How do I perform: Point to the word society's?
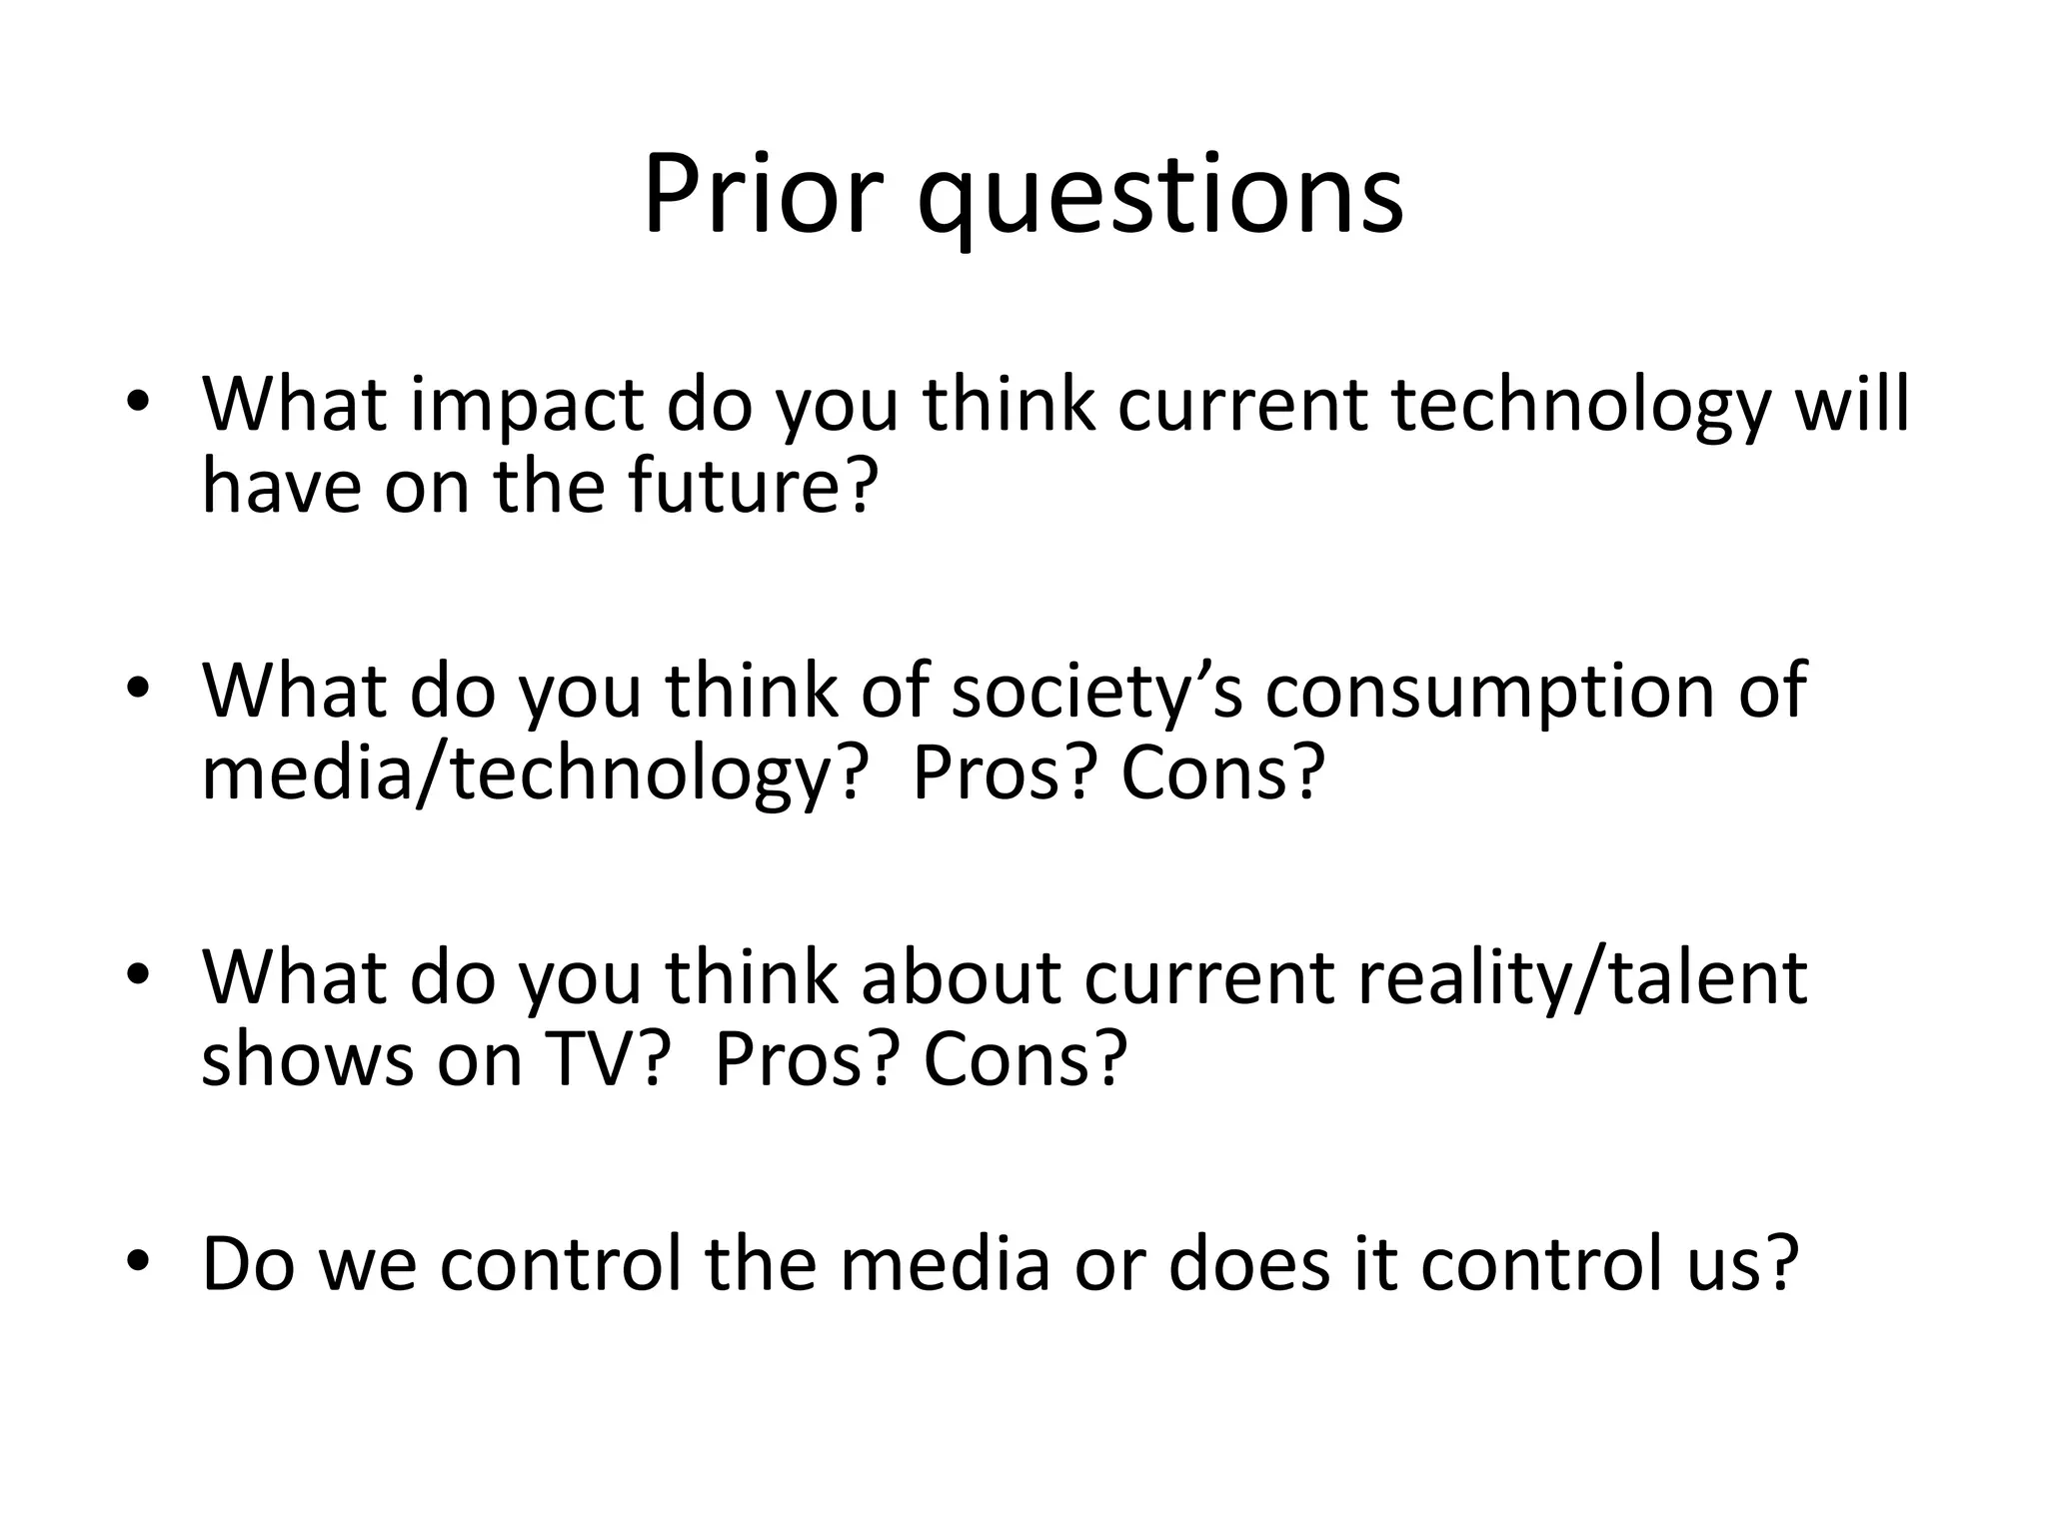pos(1096,692)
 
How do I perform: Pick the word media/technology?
pos(530,775)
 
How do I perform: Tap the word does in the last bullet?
pos(1250,1264)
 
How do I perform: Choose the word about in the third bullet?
pos(961,977)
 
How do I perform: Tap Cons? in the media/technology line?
pos(1222,773)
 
